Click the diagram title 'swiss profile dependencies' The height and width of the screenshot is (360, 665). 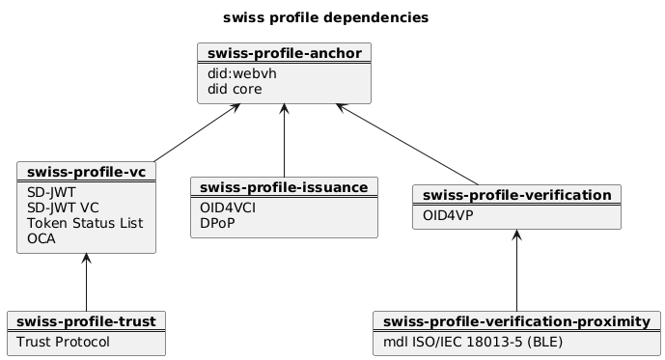click(x=325, y=17)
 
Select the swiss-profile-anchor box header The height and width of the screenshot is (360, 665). click(x=284, y=52)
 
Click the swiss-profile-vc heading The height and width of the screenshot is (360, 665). click(x=87, y=173)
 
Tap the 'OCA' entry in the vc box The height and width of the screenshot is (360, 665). click(x=42, y=238)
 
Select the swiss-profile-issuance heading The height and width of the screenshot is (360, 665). click(x=285, y=186)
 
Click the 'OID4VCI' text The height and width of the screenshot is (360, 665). click(x=227, y=207)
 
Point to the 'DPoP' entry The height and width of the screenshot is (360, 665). click(x=217, y=222)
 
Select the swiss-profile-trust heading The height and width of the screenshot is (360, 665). click(x=87, y=320)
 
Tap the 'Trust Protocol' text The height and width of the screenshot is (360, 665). click(x=63, y=342)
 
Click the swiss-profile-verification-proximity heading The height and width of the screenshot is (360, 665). click(x=516, y=320)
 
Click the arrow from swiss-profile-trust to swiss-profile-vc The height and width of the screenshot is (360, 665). click(x=87, y=282)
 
